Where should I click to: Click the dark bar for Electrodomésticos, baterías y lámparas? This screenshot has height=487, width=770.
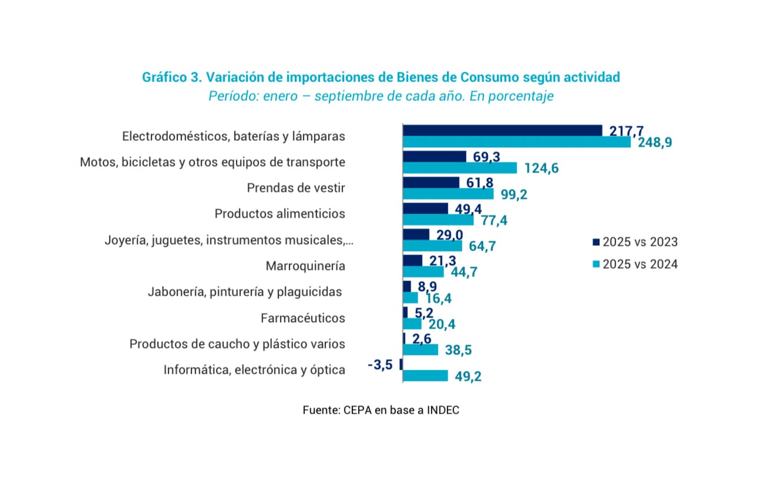pos(502,130)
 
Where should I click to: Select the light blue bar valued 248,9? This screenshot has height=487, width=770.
pos(517,142)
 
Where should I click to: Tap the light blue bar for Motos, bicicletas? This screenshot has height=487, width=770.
pos(460,168)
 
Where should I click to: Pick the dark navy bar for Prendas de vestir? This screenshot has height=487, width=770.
pos(431,182)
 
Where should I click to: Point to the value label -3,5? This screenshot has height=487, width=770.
pos(379,366)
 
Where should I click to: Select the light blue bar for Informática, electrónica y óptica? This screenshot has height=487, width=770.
pos(425,376)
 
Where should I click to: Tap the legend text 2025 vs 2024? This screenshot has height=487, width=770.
pos(641,265)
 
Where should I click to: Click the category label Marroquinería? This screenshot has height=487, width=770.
pos(305,266)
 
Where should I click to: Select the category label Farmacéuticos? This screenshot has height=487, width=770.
pos(302,319)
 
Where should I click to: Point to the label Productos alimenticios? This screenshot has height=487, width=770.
pos(280,214)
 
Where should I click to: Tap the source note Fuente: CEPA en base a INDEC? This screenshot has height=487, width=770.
pos(381,411)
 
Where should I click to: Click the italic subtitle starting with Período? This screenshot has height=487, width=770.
pos(381,96)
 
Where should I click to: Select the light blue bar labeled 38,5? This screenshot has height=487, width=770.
pos(421,350)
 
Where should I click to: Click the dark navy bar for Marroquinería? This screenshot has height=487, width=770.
pos(412,261)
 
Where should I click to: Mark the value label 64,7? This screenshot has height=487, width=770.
pos(483,246)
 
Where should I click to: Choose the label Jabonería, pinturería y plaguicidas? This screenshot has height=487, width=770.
pos(244,292)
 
